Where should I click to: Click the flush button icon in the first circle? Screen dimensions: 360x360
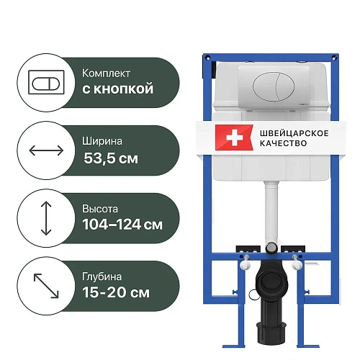click(46, 82)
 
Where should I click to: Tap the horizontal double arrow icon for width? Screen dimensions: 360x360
click(46, 150)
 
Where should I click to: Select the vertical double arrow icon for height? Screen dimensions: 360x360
click(46, 218)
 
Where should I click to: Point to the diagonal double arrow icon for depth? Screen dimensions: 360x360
click(46, 286)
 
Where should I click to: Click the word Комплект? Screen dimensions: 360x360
click(106, 73)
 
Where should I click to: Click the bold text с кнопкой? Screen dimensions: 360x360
click(118, 89)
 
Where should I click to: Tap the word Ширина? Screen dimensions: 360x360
click(102, 141)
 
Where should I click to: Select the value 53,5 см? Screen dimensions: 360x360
click(111, 158)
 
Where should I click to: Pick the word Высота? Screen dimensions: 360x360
click(100, 209)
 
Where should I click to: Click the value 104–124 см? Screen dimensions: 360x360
click(122, 225)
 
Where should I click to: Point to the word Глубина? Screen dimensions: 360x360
click(102, 276)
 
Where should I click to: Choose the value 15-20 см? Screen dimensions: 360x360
click(116, 292)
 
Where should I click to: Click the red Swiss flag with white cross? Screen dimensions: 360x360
click(234, 138)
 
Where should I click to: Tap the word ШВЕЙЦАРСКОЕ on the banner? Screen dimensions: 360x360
click(294, 133)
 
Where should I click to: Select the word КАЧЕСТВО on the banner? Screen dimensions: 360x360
click(284, 143)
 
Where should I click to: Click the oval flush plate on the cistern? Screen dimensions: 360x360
click(273, 87)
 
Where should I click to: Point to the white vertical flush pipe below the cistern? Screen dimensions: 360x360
click(271, 212)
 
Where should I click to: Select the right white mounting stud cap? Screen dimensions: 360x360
click(297, 265)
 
